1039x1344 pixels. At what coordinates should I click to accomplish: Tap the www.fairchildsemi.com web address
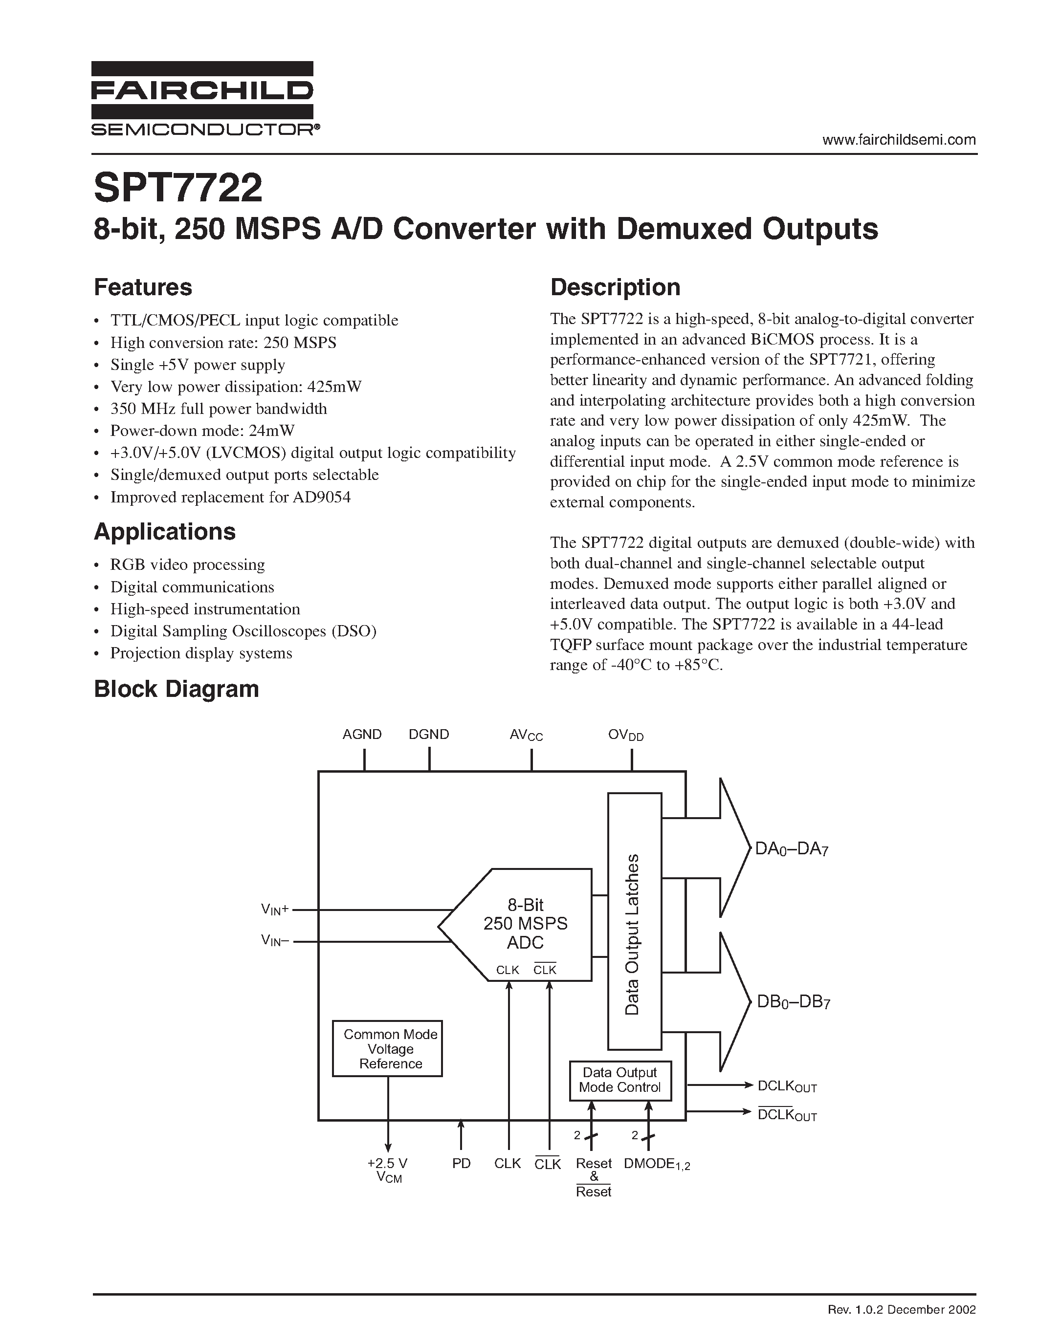click(x=899, y=140)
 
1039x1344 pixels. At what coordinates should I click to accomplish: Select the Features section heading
click(x=143, y=287)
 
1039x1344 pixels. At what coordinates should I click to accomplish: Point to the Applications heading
click(x=164, y=531)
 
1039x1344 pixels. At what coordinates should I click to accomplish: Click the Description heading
click(x=615, y=287)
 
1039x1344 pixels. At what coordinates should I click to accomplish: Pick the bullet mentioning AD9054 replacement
click(x=230, y=497)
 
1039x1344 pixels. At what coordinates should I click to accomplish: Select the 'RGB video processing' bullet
click(x=187, y=564)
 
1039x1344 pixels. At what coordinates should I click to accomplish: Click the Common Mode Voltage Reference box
click(x=387, y=1049)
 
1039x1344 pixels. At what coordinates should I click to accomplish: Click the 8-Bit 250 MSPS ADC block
click(x=525, y=924)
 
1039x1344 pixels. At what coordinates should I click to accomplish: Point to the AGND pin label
click(x=362, y=734)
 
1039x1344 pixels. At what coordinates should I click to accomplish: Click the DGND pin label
click(x=429, y=734)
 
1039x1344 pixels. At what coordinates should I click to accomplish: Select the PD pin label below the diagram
click(x=461, y=1163)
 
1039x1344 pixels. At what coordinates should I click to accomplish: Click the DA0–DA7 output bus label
click(x=792, y=849)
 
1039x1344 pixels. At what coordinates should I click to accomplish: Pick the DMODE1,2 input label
click(x=657, y=1164)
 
